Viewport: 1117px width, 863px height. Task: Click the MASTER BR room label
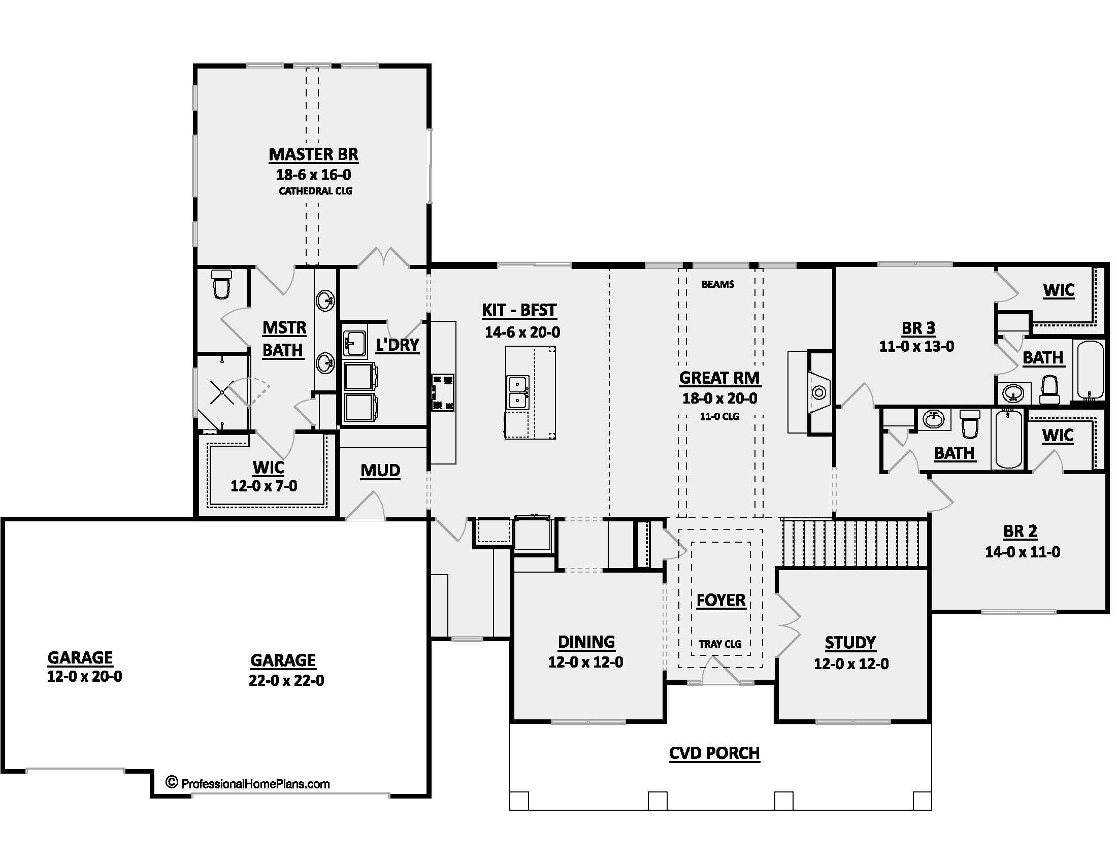tap(313, 154)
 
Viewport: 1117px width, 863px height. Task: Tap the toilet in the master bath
tap(221, 284)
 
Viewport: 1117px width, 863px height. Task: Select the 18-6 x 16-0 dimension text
tap(313, 175)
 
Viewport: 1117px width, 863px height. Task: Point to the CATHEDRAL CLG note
tap(315, 191)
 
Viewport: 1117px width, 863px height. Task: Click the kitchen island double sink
tap(517, 392)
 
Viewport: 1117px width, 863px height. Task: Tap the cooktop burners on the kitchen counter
tap(443, 392)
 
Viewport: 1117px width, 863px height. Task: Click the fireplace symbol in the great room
tap(819, 392)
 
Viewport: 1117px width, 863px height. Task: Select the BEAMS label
tap(717, 284)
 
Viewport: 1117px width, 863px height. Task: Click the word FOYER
tap(720, 600)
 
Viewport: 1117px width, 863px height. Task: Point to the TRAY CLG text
tap(719, 644)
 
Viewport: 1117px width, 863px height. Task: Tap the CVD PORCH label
tap(714, 753)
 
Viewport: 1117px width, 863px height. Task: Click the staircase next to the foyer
tap(854, 543)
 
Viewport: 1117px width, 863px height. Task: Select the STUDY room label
tap(850, 643)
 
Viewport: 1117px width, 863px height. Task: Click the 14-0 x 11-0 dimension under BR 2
tap(1022, 552)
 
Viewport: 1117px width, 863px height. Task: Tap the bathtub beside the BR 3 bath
tap(1090, 370)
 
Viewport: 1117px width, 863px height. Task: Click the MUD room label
tap(380, 471)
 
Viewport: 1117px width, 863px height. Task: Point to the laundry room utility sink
tap(354, 343)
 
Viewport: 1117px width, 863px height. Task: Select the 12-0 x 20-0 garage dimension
tap(84, 677)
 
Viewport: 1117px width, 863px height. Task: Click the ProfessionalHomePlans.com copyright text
tap(248, 784)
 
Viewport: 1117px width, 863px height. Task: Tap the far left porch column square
tap(519, 801)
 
